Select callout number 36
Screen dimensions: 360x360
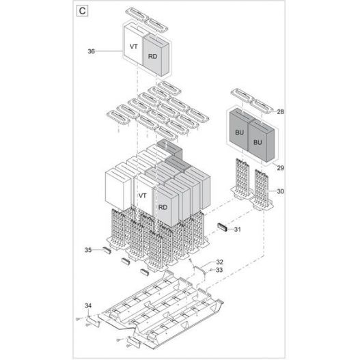click(92, 51)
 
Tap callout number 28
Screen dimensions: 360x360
click(279, 111)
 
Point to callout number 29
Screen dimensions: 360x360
click(279, 167)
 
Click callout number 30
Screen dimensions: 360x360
click(279, 192)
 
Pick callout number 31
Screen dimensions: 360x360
click(237, 229)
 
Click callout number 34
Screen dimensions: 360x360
click(88, 304)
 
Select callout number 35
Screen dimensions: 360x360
click(88, 251)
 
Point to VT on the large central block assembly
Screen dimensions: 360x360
click(142, 195)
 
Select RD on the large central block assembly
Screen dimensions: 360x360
click(163, 206)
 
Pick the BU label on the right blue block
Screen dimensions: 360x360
click(258, 142)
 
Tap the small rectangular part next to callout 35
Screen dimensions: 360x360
click(107, 251)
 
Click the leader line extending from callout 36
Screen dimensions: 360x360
click(109, 51)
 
